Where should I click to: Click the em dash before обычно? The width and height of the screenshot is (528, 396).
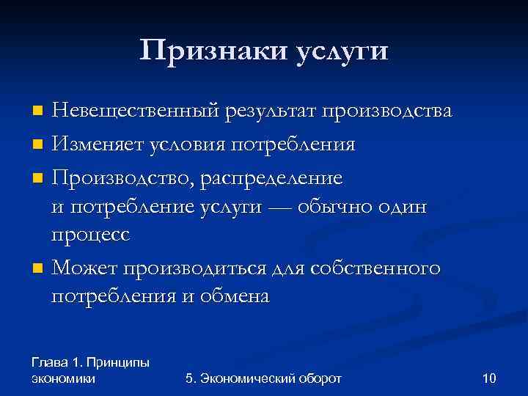click(284, 208)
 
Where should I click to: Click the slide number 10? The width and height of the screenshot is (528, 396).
click(490, 378)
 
